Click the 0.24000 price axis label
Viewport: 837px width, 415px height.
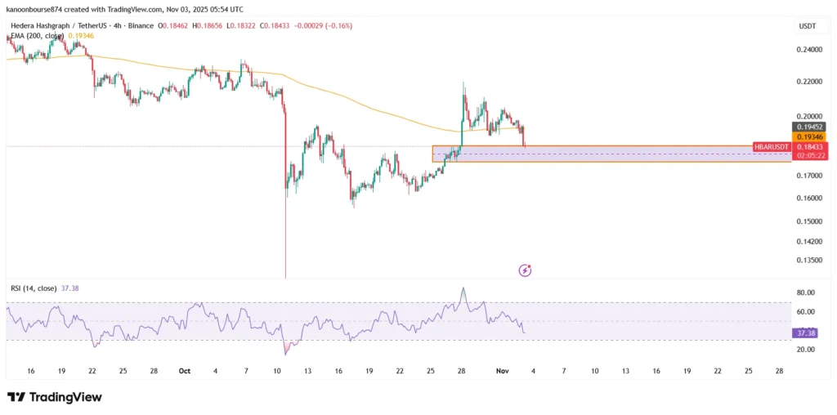click(809, 49)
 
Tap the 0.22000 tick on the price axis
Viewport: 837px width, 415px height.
click(809, 83)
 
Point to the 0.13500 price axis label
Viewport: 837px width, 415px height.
click(809, 261)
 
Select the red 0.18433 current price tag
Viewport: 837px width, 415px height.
click(809, 146)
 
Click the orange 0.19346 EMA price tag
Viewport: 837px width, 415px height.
click(809, 137)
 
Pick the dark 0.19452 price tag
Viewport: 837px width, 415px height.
click(809, 127)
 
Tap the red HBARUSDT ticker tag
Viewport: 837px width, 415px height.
click(772, 147)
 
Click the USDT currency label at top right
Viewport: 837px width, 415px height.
click(807, 27)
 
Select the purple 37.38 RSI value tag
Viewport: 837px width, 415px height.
click(804, 333)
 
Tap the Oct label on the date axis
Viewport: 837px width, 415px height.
click(184, 371)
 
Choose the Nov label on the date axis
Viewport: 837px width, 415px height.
click(503, 371)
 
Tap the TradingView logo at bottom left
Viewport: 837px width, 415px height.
click(55, 397)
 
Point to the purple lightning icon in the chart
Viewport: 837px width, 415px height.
click(526, 270)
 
